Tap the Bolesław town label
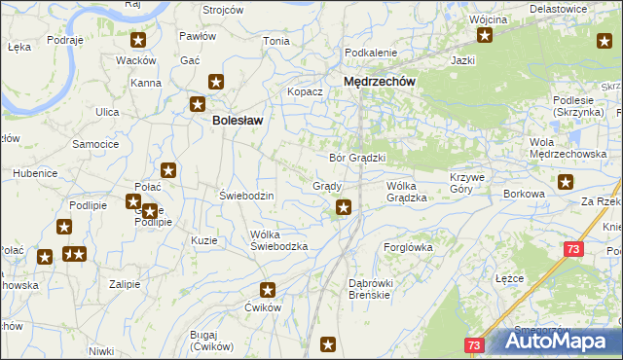click(x=238, y=121)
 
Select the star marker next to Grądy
click(x=344, y=206)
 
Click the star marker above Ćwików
click(x=268, y=289)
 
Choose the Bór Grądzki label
click(x=358, y=157)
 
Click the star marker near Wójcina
click(x=484, y=37)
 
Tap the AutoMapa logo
click(x=553, y=342)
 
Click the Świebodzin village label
click(x=247, y=196)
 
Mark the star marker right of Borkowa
click(x=567, y=181)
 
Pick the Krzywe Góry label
click(x=473, y=184)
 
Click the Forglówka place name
click(x=409, y=247)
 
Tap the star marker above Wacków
click(x=139, y=41)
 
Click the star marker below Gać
click(x=216, y=84)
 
